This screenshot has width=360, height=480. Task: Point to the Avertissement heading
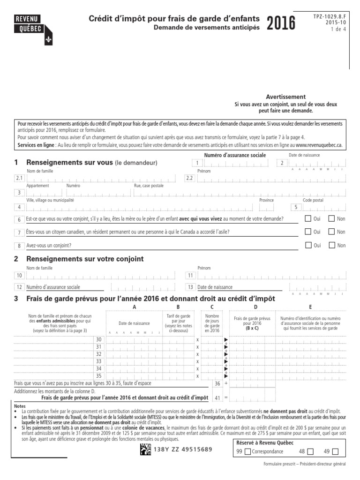(x=285, y=97)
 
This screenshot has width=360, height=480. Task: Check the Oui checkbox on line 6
(x=308, y=218)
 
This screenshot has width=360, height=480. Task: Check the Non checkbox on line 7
(x=331, y=232)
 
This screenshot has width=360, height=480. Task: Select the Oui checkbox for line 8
(x=308, y=245)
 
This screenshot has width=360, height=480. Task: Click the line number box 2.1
(x=19, y=178)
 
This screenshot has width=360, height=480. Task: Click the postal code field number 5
(x=295, y=207)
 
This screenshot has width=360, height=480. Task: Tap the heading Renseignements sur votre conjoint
(x=85, y=259)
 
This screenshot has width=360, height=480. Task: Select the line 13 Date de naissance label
(x=215, y=287)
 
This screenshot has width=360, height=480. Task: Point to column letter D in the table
(x=255, y=307)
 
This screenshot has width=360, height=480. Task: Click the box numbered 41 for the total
(x=217, y=397)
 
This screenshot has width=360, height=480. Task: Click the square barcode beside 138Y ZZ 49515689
(x=145, y=449)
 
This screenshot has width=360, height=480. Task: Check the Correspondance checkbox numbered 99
(x=247, y=451)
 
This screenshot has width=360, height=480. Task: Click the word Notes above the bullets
(x=20, y=406)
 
